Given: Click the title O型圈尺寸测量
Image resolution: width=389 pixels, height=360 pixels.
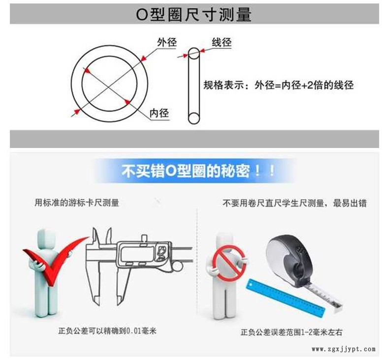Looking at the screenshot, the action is tap(194, 14).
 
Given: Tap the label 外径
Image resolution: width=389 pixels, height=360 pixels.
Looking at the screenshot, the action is tap(167, 42).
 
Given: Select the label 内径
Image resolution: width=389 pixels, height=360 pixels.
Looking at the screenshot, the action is tap(159, 113).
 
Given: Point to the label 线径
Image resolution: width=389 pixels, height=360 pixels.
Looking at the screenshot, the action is tap(222, 42).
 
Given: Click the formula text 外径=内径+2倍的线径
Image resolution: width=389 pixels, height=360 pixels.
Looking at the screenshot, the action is tap(304, 85).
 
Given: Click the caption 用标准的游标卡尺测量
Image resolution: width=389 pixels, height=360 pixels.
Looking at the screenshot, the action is tap(77, 203).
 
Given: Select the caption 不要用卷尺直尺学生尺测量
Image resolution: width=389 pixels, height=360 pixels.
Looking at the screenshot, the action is tap(273, 203).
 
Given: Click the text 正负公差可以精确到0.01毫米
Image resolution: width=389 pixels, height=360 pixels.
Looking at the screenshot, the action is tap(107, 331).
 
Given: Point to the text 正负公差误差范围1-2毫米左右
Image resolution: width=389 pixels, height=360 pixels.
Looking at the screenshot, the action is tap(292, 332).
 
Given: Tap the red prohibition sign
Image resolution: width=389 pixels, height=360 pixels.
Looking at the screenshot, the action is tap(229, 263).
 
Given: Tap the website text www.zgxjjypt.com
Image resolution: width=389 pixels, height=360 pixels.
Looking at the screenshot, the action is tap(344, 349).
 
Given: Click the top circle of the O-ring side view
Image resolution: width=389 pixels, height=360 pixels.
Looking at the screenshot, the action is tap(194, 54).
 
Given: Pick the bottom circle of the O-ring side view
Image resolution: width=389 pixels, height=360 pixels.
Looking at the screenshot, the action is tap(194, 118).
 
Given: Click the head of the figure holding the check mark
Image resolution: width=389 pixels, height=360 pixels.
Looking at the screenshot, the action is tap(46, 238).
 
